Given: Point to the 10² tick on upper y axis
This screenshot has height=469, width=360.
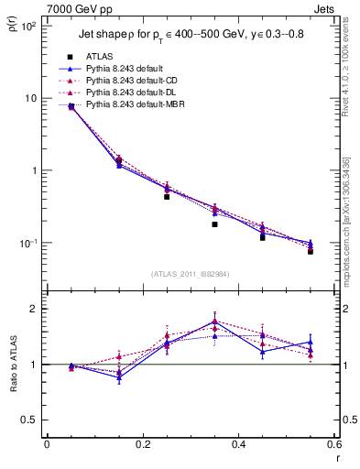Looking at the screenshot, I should click(x=27, y=26).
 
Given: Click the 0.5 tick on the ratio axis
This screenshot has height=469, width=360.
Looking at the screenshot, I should click(x=28, y=420).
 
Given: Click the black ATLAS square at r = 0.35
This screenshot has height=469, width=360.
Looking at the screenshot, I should click(x=214, y=224).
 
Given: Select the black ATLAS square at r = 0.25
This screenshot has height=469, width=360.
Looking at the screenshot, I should click(x=167, y=197).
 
